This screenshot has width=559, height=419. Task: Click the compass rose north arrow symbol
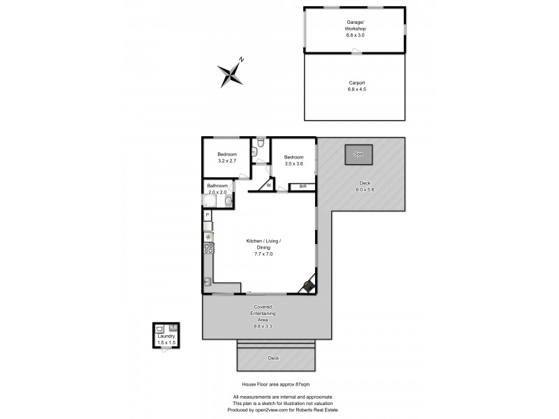coord(231,73)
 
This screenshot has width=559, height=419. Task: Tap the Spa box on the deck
coord(358,154)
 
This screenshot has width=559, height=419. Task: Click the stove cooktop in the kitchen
coord(208,248)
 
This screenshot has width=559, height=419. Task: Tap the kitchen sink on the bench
coord(208,281)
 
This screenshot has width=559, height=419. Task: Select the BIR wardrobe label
coord(303,186)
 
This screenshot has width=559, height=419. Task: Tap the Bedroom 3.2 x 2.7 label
coord(227,157)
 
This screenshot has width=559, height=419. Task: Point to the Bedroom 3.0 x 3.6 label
coord(293,161)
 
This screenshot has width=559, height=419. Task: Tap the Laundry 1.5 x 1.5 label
coord(166,339)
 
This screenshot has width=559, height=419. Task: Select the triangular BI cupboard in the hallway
coord(267,185)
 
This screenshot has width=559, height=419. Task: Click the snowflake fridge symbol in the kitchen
coord(208,236)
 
